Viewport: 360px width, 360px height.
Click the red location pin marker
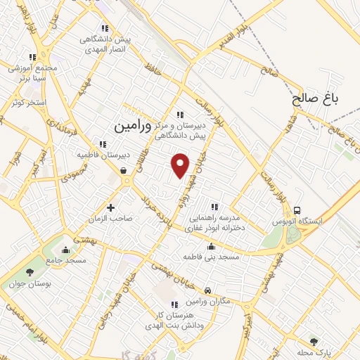click(181, 165)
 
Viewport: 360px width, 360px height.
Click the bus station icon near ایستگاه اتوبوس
click(297, 210)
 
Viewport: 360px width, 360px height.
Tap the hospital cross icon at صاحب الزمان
click(110, 207)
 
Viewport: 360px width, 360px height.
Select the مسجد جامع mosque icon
click(65, 250)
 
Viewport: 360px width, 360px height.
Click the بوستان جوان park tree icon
click(29, 273)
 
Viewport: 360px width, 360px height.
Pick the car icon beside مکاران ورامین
click(207, 290)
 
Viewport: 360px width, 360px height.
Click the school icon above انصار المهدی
click(104, 29)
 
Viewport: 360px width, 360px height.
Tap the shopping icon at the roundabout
click(124, 170)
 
